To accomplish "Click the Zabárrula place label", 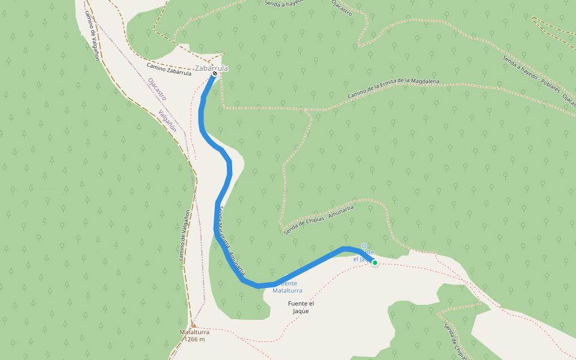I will (x=212, y=68).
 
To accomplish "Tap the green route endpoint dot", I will (x=375, y=262).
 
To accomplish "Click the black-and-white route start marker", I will (x=214, y=76).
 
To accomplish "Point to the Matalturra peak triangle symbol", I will (x=194, y=325).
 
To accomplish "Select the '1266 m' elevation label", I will (x=194, y=340).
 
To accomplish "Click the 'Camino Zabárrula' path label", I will (x=169, y=69).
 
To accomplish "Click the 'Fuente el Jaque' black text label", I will (x=301, y=307).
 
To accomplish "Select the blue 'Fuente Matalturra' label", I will (x=287, y=287).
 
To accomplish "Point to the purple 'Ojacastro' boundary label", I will (x=156, y=88).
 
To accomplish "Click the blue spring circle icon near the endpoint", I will (x=364, y=245).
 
